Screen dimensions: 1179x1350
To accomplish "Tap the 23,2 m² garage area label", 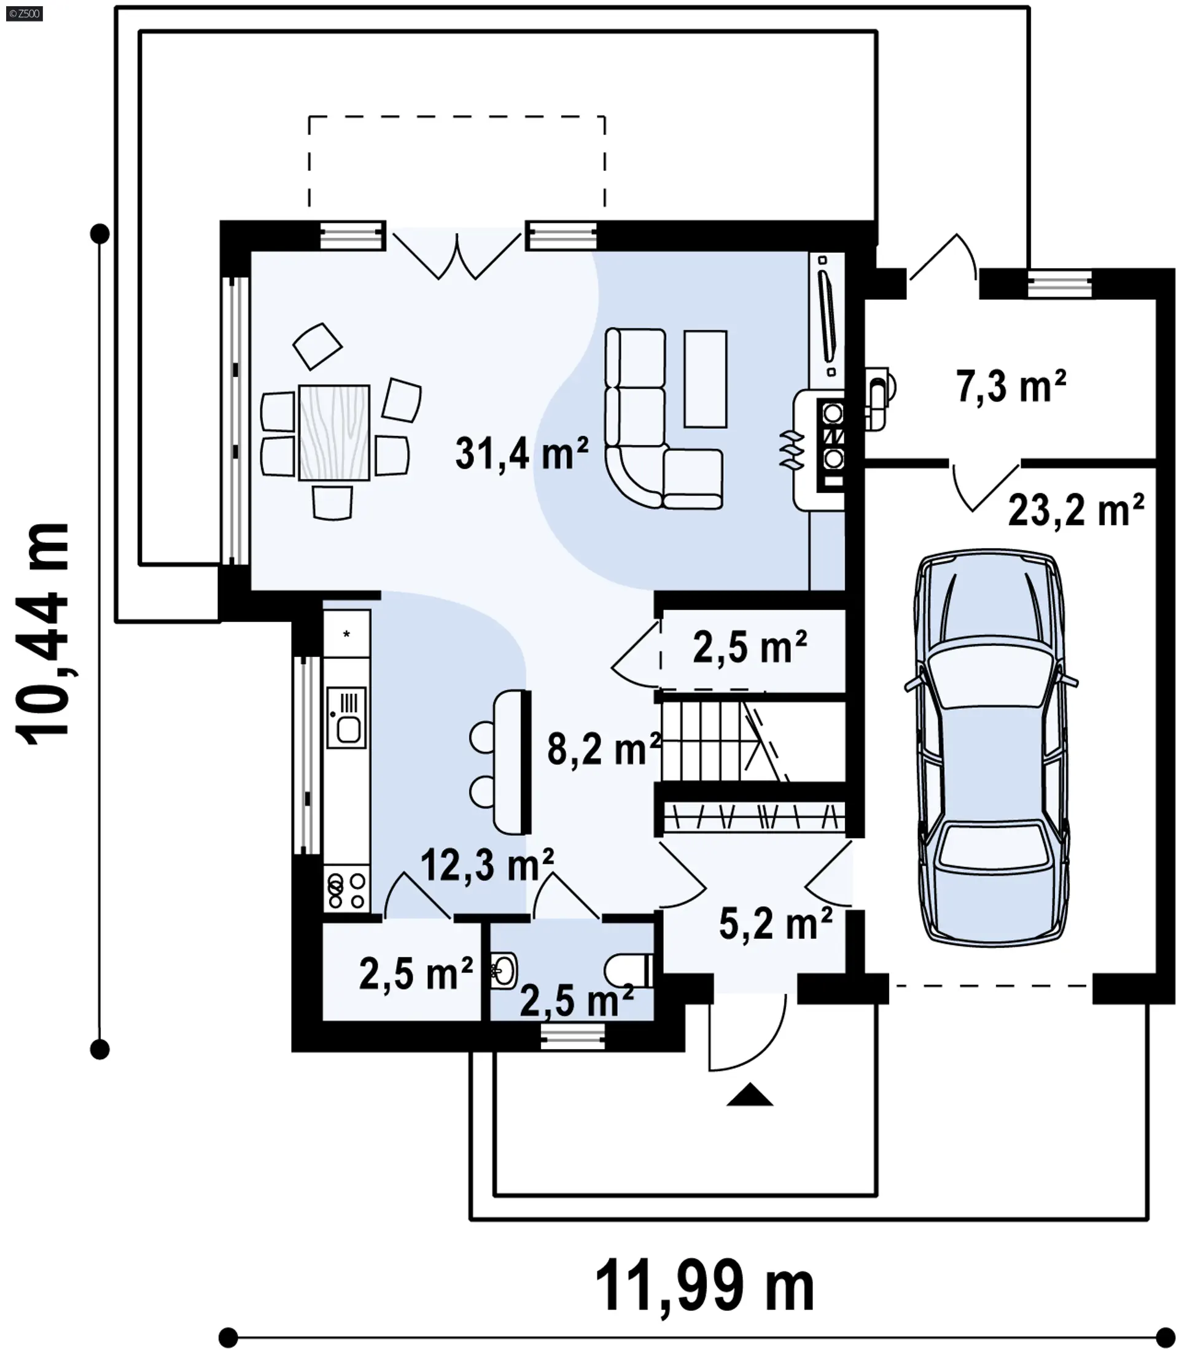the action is click(x=1076, y=510).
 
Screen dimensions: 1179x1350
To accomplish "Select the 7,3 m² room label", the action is click(x=1011, y=386).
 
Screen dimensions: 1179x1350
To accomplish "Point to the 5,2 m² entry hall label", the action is click(x=776, y=924).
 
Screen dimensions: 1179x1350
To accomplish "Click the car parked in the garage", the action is click(x=992, y=747).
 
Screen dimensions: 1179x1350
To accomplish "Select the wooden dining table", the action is click(x=333, y=432).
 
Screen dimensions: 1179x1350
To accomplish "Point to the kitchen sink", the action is click(x=347, y=717).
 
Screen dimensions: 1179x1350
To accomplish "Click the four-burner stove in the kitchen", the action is click(x=347, y=890).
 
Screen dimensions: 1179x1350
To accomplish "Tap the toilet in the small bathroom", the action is click(x=628, y=970).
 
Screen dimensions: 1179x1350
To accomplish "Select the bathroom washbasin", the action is click(x=504, y=970).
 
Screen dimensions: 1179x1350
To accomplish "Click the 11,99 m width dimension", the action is click(x=705, y=1286).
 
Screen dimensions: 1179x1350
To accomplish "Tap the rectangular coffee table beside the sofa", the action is click(x=706, y=378).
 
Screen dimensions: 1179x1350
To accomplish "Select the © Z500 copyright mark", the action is click(x=25, y=13).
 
